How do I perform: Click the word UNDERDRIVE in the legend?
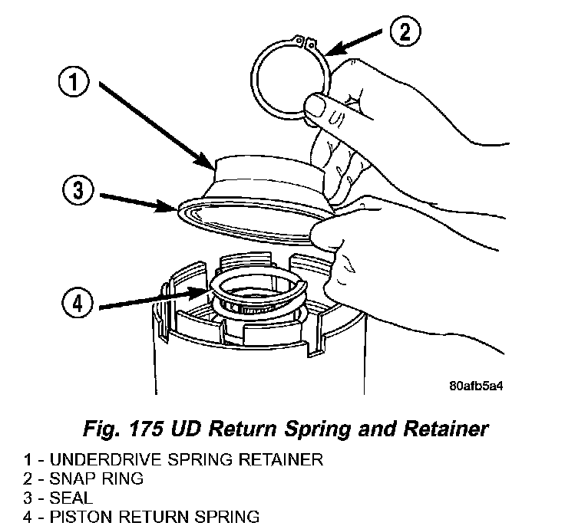coord(100,460)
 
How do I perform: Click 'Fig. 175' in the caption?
coord(125,429)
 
